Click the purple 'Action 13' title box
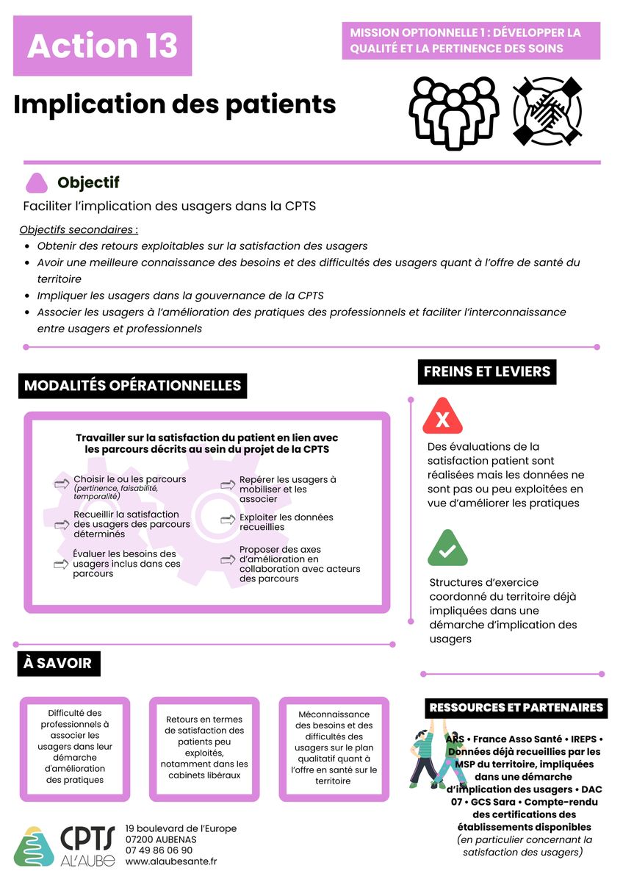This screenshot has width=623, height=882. [102, 46]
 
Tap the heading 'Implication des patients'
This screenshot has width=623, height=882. [175, 104]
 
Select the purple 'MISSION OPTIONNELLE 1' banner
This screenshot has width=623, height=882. [471, 40]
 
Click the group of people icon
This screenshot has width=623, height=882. [453, 110]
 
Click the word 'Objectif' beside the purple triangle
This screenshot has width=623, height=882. [88, 182]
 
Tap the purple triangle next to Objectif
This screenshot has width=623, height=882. [37, 183]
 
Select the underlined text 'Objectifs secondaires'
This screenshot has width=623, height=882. [79, 229]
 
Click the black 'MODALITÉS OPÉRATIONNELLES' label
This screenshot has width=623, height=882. [133, 385]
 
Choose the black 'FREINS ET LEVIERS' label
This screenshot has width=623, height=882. [487, 371]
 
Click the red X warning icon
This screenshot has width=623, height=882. [442, 417]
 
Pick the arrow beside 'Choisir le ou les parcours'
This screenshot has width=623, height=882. [61, 484]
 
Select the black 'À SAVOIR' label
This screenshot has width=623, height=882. [58, 663]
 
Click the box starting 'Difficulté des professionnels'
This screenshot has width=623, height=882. [75, 746]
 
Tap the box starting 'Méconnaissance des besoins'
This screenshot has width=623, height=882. [334, 746]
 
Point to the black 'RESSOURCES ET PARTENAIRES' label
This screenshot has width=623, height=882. [516, 708]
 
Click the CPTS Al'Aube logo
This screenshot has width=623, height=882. [65, 845]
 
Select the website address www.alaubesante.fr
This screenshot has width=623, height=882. [171, 861]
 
